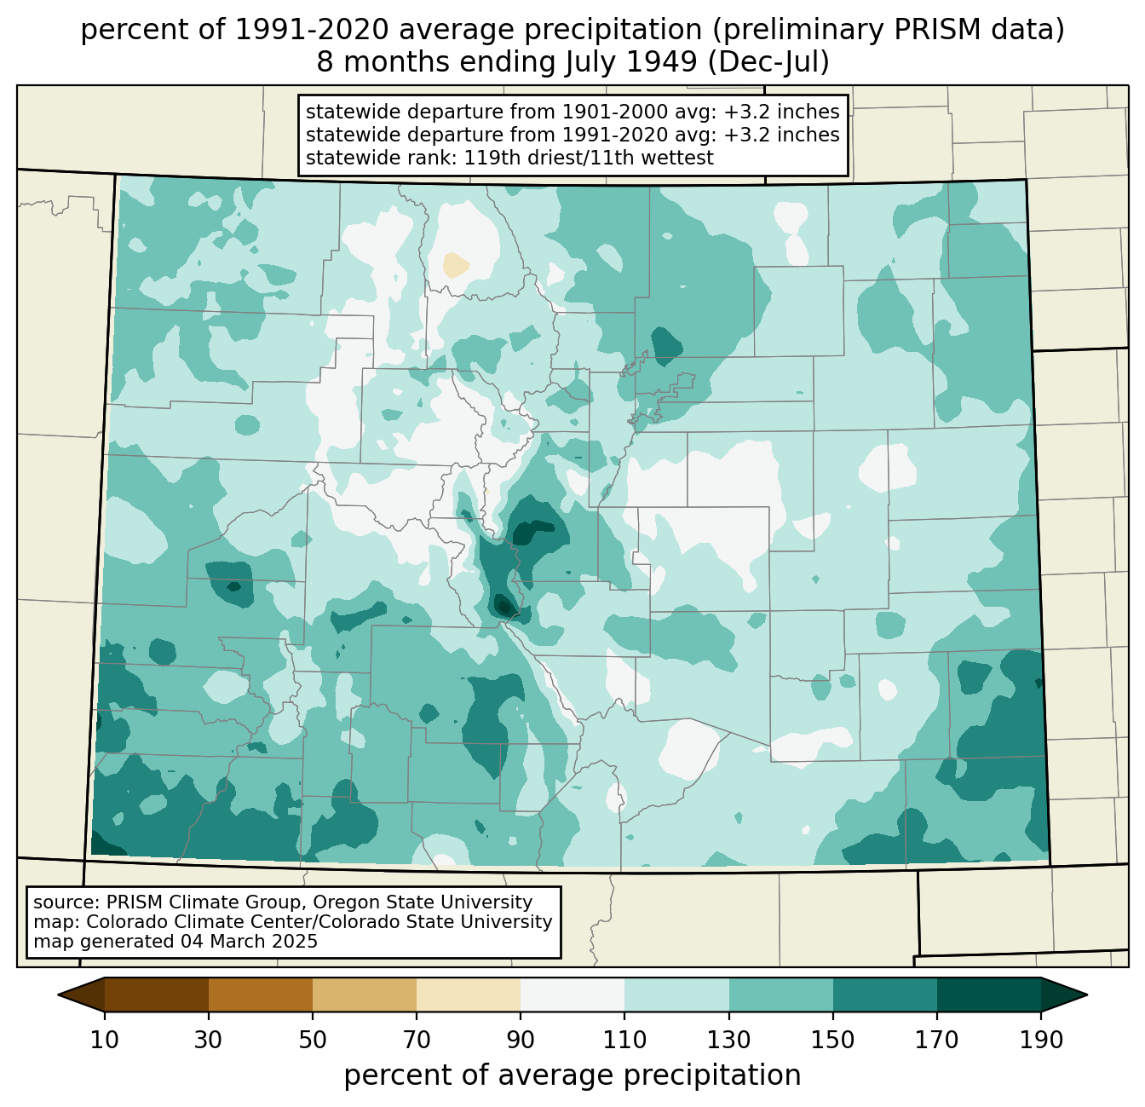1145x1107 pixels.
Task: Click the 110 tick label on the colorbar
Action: click(624, 1041)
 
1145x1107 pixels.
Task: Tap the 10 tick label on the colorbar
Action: click(105, 1041)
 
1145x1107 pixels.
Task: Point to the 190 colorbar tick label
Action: click(1040, 1041)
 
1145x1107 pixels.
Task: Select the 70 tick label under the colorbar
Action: click(417, 1041)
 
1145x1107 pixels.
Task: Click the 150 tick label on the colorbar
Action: click(832, 1041)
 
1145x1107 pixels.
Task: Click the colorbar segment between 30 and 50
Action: click(261, 995)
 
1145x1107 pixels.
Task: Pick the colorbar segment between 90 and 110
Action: click(572, 995)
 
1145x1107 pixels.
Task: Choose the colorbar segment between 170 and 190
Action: click(988, 995)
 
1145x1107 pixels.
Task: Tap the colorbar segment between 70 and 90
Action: click(469, 995)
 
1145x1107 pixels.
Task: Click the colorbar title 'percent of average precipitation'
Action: click(572, 1075)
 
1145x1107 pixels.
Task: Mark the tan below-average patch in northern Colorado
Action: click(456, 265)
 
